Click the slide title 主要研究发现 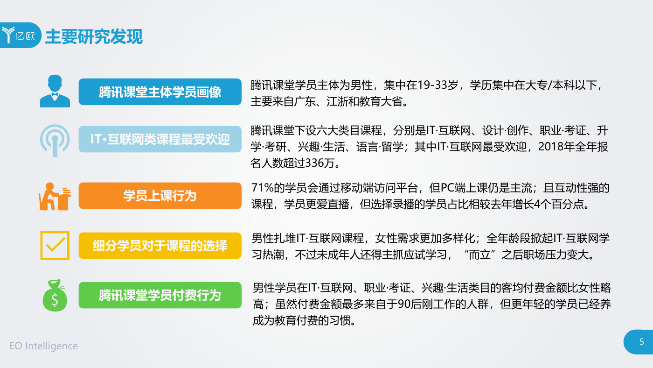[x=94, y=36]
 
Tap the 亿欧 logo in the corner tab [x=19, y=35]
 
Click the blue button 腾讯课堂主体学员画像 [x=160, y=92]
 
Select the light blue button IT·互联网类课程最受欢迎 [x=160, y=139]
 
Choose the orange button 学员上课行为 [x=160, y=196]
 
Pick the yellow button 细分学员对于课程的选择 [x=160, y=246]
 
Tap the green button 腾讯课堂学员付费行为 [x=160, y=295]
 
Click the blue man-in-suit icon [x=55, y=91]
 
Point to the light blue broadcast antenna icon [x=55, y=141]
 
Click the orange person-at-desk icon [x=55, y=197]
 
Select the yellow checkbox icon [x=55, y=246]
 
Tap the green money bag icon [x=55, y=295]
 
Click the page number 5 [x=642, y=342]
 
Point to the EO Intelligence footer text [x=44, y=346]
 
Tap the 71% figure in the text [x=262, y=188]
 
